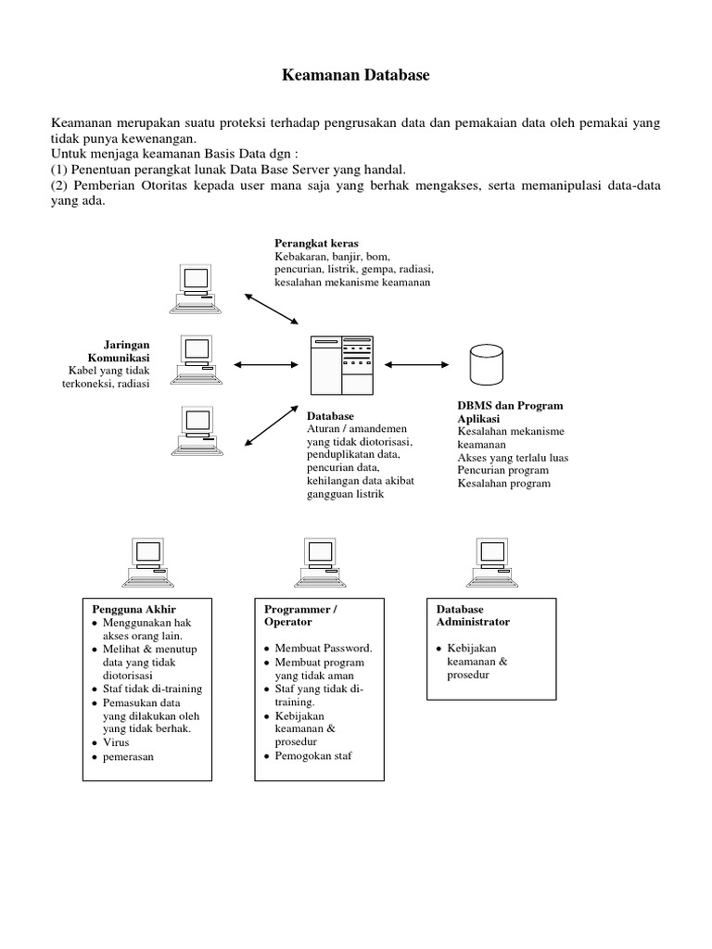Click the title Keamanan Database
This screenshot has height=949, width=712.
pyautogui.click(x=356, y=76)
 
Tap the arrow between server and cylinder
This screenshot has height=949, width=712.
pyautogui.click(x=414, y=365)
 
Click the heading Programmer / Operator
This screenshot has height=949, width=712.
pyautogui.click(x=300, y=615)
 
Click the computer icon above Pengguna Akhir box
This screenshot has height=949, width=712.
pyautogui.click(x=146, y=563)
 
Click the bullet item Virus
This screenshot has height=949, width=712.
pyautogui.click(x=117, y=742)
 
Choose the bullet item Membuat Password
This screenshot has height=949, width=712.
pyautogui.click(x=324, y=648)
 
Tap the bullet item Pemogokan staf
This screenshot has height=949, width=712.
pyautogui.click(x=313, y=755)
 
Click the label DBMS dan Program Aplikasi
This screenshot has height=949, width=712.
pyautogui.click(x=510, y=412)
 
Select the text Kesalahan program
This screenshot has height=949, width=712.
pyautogui.click(x=503, y=483)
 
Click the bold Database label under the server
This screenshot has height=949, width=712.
pyautogui.click(x=330, y=416)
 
